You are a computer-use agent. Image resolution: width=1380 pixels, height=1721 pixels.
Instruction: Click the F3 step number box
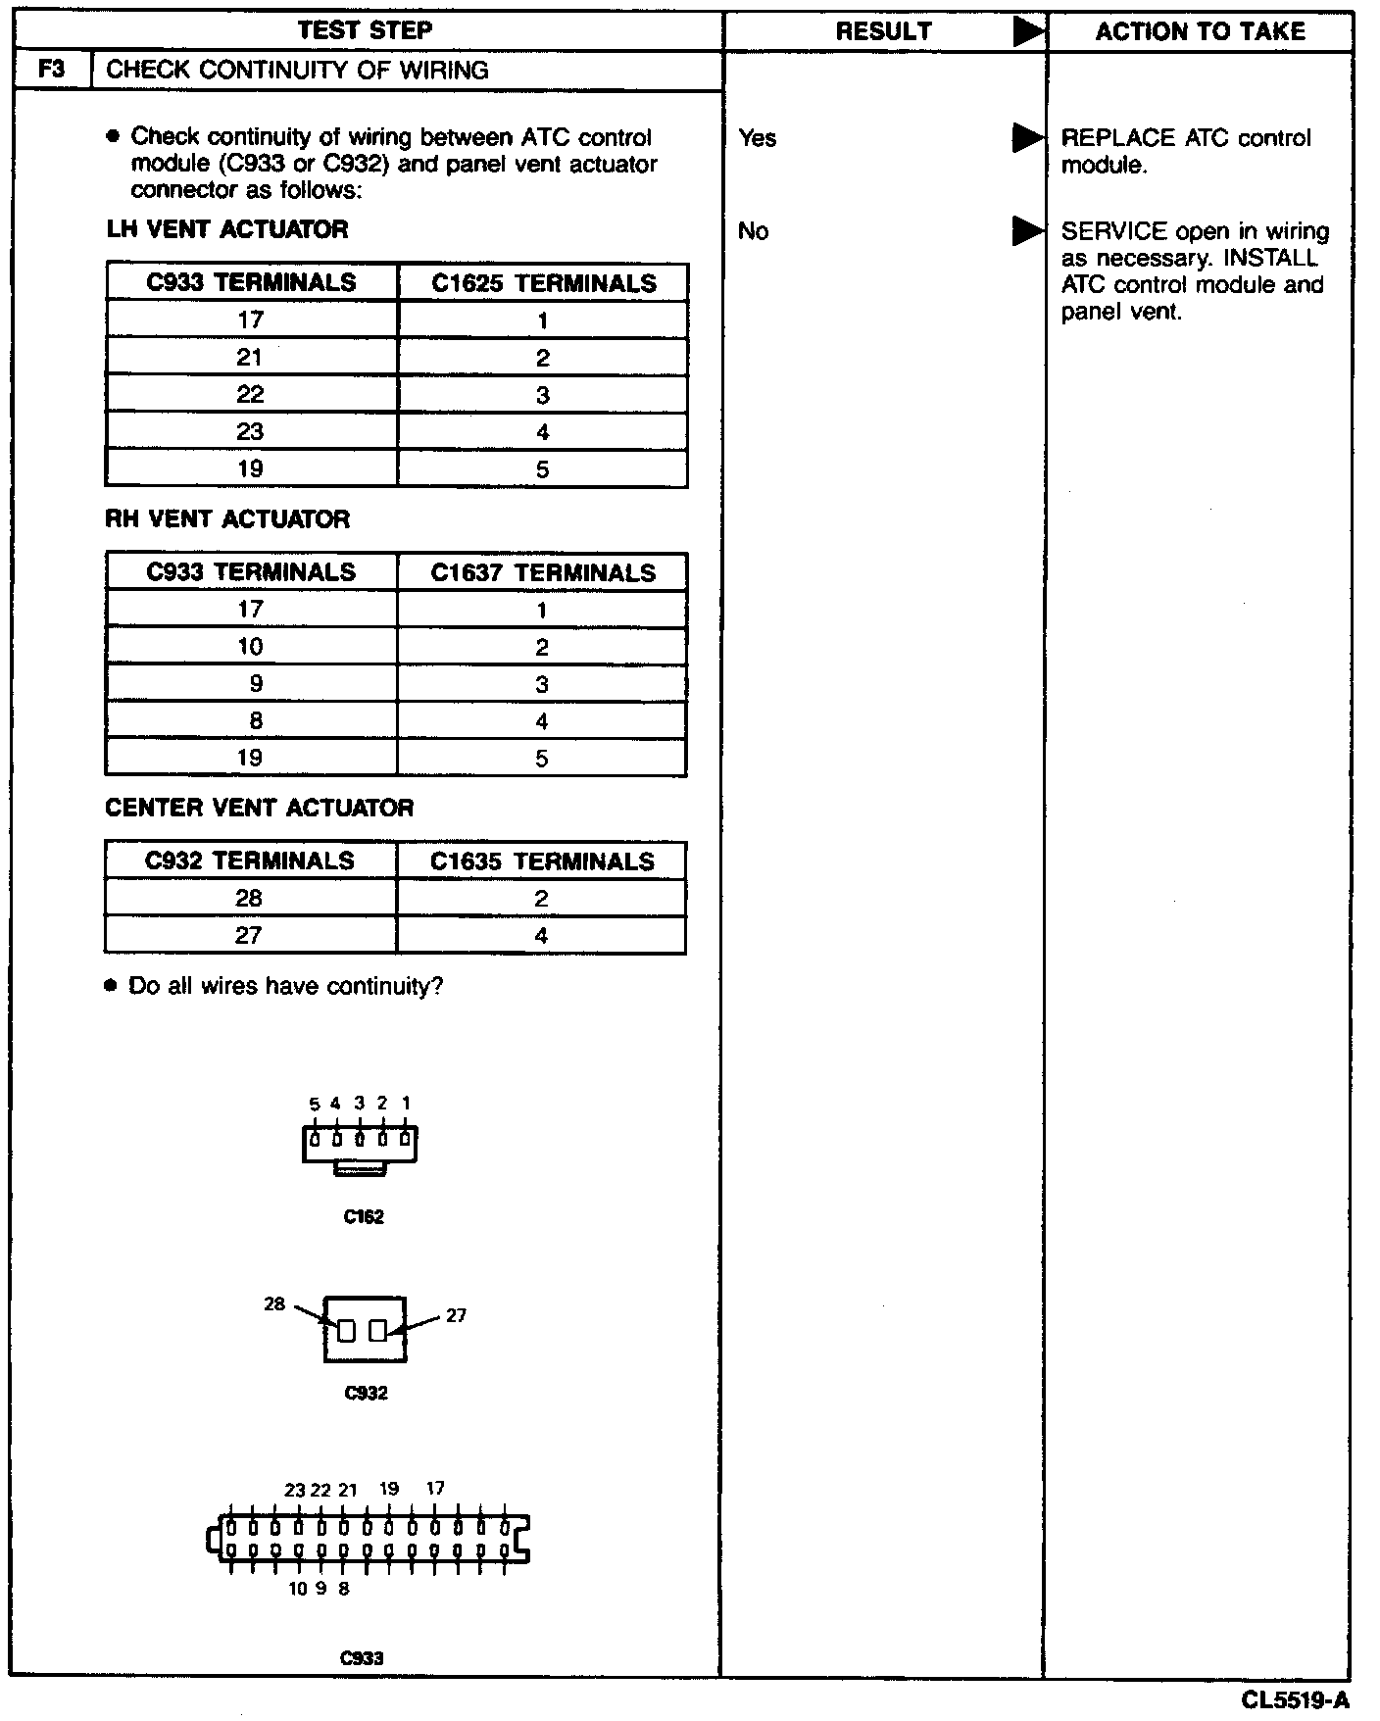pos(52,71)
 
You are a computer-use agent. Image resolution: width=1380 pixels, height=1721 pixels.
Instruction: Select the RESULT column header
pos(883,31)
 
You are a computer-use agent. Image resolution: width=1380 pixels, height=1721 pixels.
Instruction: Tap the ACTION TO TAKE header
pos(1200,31)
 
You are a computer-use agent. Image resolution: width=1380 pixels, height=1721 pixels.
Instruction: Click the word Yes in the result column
pos(758,138)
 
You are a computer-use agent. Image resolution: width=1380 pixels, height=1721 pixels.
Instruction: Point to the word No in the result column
pos(753,231)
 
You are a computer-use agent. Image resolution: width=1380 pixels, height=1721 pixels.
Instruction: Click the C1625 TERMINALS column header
pos(543,283)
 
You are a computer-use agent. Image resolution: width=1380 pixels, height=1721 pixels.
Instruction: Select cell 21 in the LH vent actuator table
pos(250,358)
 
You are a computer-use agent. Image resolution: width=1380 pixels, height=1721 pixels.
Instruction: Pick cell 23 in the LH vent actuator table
pos(250,432)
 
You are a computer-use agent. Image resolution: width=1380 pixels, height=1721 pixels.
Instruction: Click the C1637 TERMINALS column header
pos(543,573)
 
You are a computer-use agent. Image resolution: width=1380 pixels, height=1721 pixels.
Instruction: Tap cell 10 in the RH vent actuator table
pos(250,647)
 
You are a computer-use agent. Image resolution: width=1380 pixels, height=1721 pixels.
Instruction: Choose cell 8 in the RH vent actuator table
pos(255,721)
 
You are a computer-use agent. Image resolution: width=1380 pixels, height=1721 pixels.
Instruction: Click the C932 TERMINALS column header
pos(250,861)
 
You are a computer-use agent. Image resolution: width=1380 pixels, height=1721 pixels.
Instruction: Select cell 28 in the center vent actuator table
pos(249,899)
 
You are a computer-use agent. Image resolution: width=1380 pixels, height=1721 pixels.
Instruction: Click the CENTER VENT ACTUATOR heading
pos(260,809)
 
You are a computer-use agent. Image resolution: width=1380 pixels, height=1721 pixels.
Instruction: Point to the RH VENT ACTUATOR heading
pos(227,519)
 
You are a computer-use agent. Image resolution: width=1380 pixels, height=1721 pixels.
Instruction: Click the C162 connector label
pos(364,1217)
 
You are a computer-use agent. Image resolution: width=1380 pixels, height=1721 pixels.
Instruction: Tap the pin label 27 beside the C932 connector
pos(456,1316)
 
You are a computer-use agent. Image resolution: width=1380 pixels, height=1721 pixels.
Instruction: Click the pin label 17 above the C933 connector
pos(435,1488)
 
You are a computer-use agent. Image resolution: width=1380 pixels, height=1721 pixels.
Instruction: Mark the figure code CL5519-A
pos(1295,1699)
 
